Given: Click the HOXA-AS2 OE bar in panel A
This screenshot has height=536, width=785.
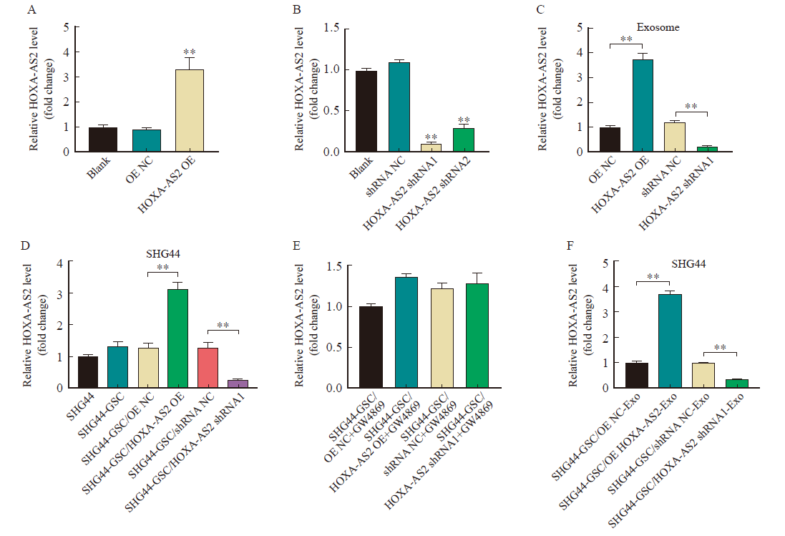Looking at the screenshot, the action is (x=189, y=111).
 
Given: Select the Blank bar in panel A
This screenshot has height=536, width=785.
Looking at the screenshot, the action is (x=103, y=140).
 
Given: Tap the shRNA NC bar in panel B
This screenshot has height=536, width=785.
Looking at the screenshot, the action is (x=399, y=107).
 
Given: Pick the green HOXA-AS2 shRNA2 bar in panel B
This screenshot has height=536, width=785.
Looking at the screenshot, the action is (x=464, y=140).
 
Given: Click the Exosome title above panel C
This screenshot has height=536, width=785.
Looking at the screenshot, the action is (x=658, y=27).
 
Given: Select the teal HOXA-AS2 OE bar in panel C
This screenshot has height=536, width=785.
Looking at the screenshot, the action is (x=643, y=106).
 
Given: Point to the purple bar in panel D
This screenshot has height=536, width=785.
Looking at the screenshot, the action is (x=238, y=384).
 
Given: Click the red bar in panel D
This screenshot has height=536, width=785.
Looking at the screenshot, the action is (x=208, y=368).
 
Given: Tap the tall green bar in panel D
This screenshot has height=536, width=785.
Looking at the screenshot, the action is (x=177, y=338).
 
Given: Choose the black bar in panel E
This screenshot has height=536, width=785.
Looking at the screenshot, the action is (x=371, y=347).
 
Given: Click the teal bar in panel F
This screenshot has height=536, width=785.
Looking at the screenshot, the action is (x=670, y=341).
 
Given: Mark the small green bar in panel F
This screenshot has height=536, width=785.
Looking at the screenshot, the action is (x=736, y=384).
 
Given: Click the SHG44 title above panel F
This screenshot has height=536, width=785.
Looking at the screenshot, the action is (x=688, y=264).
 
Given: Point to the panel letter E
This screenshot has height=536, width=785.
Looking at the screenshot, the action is (x=297, y=245).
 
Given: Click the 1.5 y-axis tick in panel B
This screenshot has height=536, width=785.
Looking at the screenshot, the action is (x=331, y=28).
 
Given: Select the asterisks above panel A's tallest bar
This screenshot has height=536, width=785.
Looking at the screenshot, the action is (x=189, y=52).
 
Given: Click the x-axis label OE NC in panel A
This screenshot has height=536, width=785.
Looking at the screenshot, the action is (x=139, y=170).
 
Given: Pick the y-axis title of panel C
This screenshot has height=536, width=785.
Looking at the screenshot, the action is (x=549, y=89).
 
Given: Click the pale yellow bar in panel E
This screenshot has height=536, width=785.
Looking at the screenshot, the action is (x=442, y=338).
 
